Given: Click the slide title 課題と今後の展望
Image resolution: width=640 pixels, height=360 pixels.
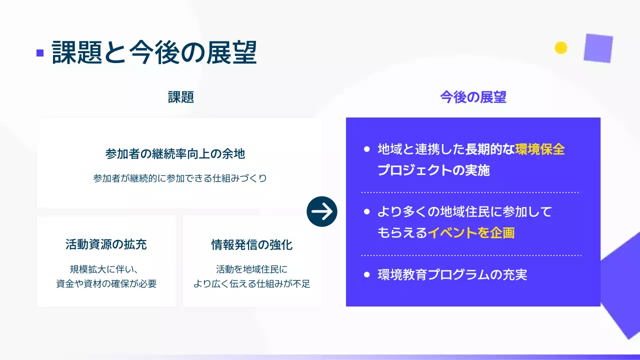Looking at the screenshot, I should (x=154, y=52).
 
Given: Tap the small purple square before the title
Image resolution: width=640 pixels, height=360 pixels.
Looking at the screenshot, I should (x=40, y=52).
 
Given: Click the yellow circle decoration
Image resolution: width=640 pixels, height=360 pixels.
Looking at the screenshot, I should (x=561, y=47).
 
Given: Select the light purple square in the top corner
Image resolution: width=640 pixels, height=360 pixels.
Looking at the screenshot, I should (x=598, y=48).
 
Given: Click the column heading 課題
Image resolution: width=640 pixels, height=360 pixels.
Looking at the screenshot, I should (x=180, y=97).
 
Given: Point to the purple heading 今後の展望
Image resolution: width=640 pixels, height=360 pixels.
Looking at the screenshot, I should (x=473, y=97).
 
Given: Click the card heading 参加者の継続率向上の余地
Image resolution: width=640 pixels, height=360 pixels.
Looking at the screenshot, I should (x=175, y=153).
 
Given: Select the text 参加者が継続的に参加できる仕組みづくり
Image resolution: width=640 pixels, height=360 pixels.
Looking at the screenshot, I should (x=179, y=178).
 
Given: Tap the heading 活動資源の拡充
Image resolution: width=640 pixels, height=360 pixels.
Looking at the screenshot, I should (x=106, y=244).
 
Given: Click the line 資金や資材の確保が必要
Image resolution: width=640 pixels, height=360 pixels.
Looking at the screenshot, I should (x=106, y=284).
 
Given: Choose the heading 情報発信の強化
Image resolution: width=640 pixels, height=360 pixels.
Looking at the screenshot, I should (x=251, y=245).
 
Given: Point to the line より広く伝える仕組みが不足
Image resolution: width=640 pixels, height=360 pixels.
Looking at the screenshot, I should (x=251, y=284).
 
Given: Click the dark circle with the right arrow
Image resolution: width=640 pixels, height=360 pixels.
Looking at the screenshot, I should (x=322, y=212).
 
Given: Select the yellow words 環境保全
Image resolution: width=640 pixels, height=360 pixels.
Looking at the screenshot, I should (x=540, y=149).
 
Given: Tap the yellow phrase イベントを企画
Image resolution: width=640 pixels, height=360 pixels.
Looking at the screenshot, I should (x=471, y=232).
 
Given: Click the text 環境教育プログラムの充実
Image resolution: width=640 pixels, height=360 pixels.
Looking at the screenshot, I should (x=452, y=274).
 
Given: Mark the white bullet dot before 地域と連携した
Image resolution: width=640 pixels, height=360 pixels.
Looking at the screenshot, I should (x=366, y=149).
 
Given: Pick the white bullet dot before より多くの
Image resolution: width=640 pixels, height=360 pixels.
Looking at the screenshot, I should (x=366, y=212).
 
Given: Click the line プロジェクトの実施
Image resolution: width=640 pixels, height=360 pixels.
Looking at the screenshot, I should (x=433, y=170).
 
